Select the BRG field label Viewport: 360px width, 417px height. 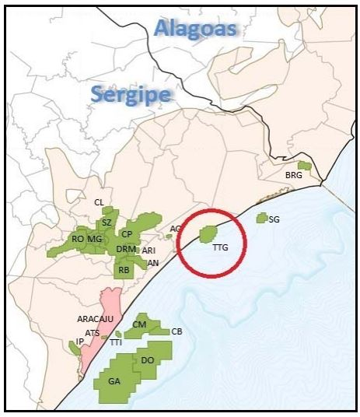pyautogui.click(x=293, y=176)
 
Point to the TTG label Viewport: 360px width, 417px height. pyautogui.click(x=220, y=248)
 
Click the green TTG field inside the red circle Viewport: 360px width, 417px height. pyautogui.click(x=208, y=233)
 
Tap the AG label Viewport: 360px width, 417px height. pyautogui.click(x=176, y=229)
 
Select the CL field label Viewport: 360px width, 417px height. pyautogui.click(x=99, y=202)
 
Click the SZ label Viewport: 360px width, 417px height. pyautogui.click(x=107, y=223)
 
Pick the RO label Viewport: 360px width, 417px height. pyautogui.click(x=78, y=239)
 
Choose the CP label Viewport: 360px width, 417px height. pyautogui.click(x=126, y=234)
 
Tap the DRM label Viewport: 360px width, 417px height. pyautogui.click(x=126, y=249)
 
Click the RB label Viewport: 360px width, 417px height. pyautogui.click(x=123, y=270)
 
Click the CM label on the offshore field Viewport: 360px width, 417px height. pyautogui.click(x=140, y=324)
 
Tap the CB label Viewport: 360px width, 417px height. pyautogui.click(x=177, y=331)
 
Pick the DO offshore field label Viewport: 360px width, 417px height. pyautogui.click(x=148, y=360)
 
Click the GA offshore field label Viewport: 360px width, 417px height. pyautogui.click(x=114, y=381)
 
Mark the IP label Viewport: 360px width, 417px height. pyautogui.click(x=79, y=342)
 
